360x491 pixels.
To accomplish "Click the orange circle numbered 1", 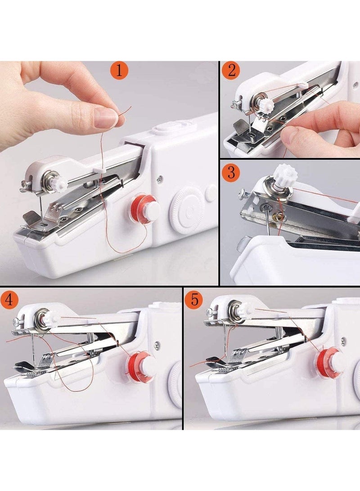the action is (x=119, y=70).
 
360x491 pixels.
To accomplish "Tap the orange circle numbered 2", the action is (x=232, y=70).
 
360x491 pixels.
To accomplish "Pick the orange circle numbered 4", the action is (x=9, y=299).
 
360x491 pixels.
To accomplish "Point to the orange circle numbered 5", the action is (x=195, y=299).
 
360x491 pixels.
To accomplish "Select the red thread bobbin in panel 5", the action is (x=330, y=364).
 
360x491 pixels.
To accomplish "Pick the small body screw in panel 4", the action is (x=157, y=345).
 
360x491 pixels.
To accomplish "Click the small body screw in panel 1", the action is (x=160, y=179).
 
